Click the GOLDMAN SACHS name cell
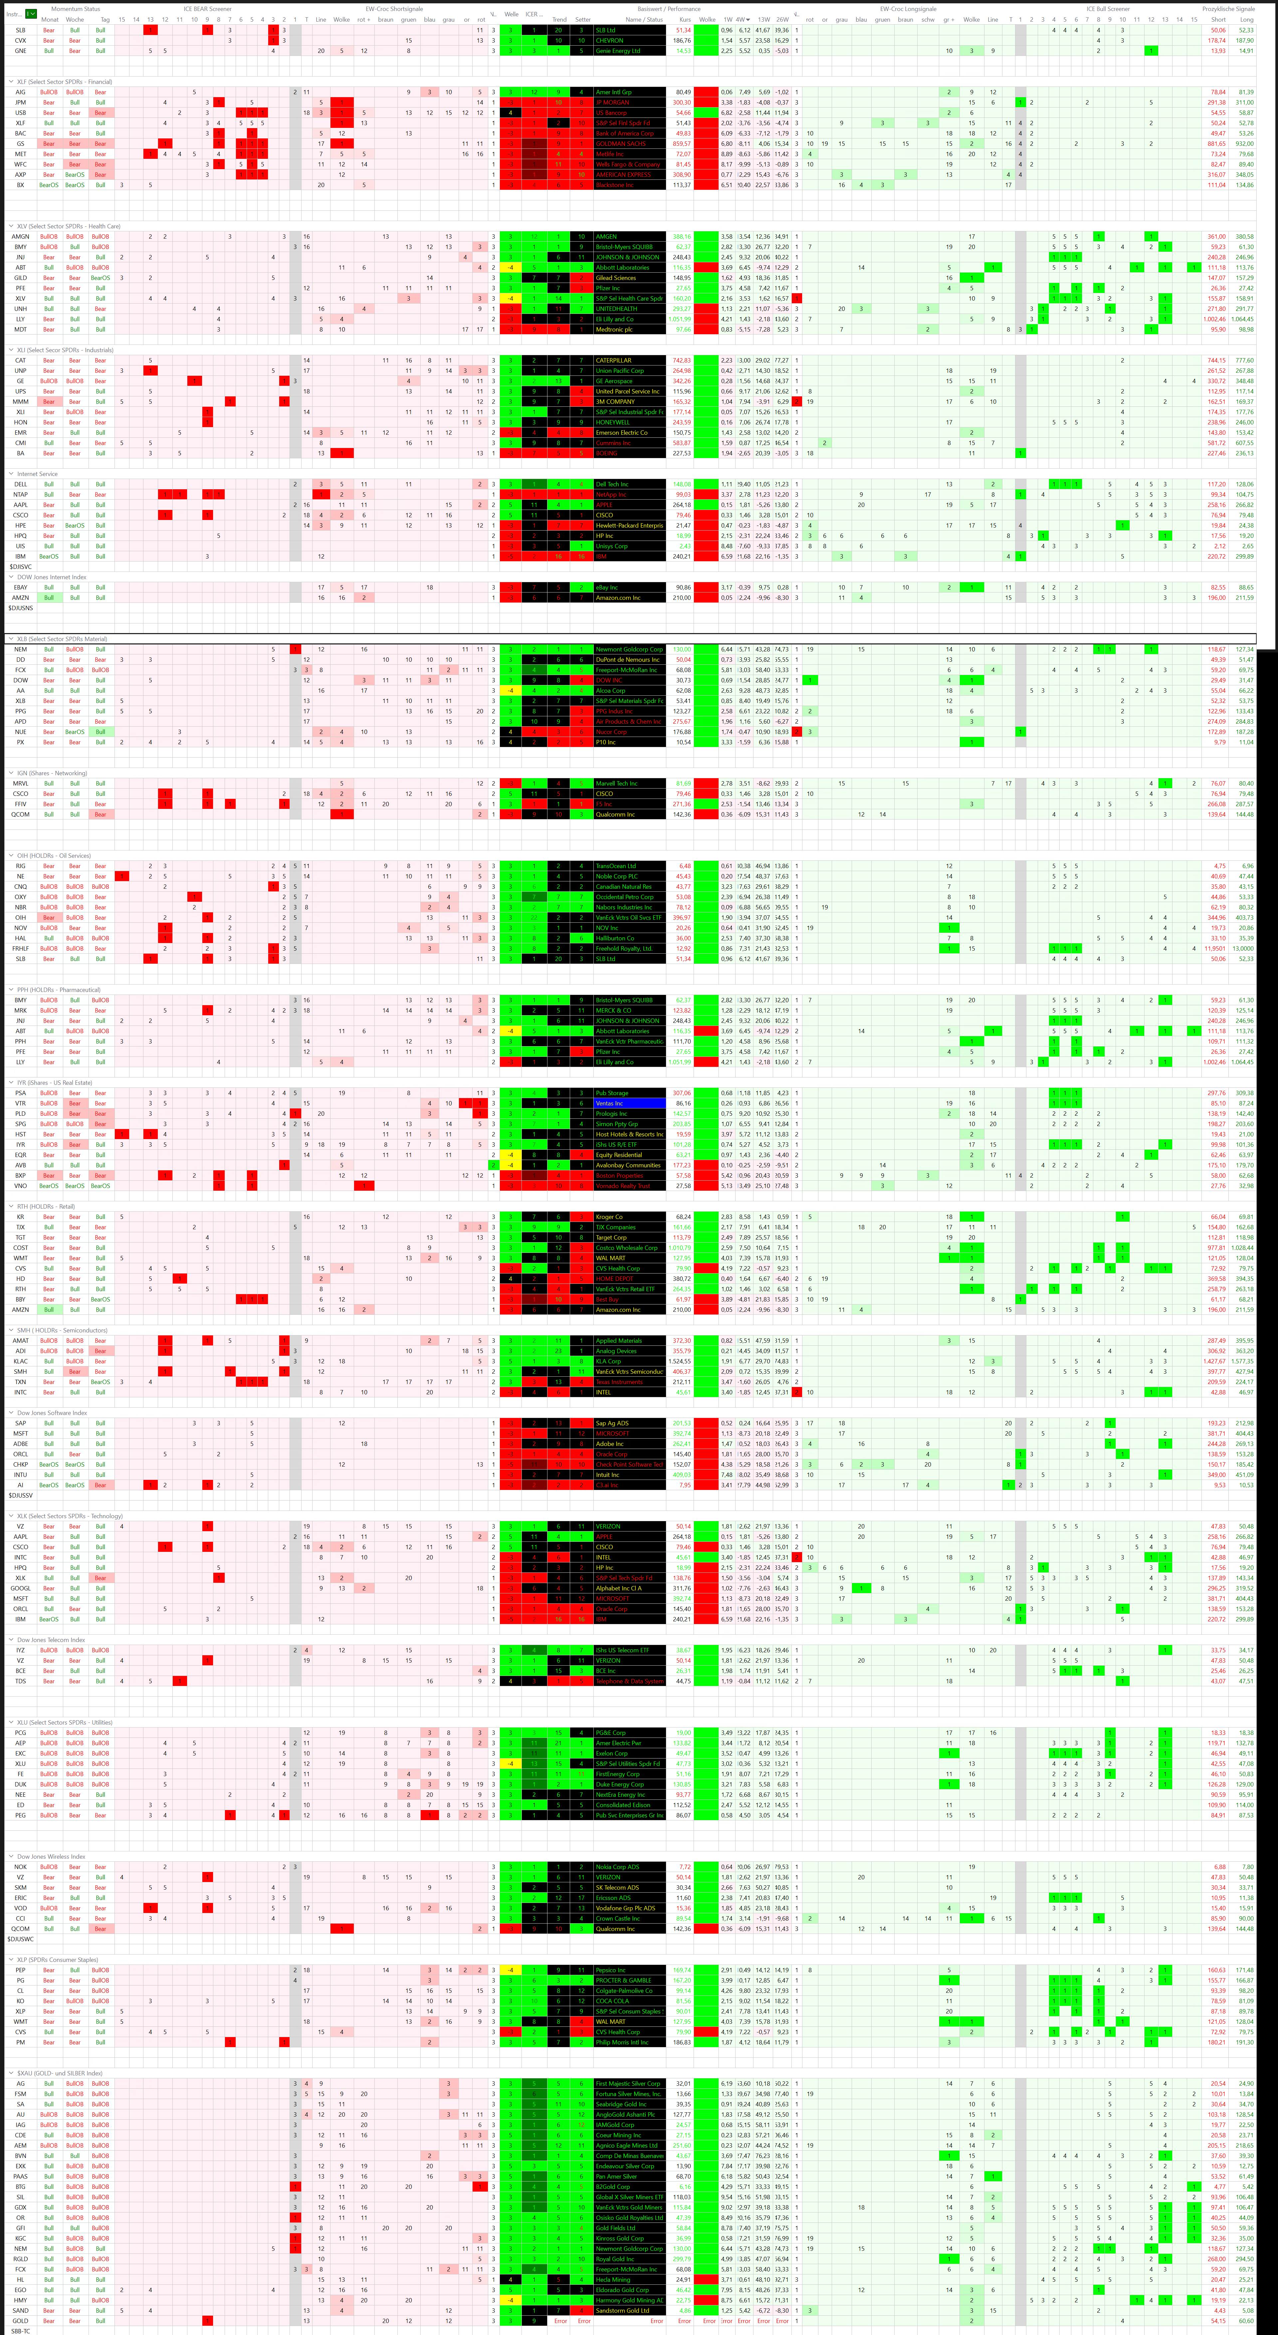click(x=621, y=143)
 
